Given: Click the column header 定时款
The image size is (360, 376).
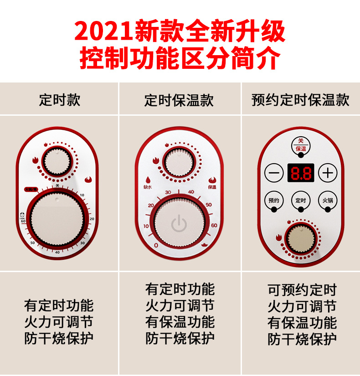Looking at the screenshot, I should pos(59,100).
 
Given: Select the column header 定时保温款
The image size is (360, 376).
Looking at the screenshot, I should pos(179,100).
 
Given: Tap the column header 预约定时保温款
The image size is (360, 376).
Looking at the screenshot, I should pos(300,100).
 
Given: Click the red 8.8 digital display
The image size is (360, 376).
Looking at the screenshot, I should pos(300,173).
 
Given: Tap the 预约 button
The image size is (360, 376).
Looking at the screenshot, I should pos(274,201).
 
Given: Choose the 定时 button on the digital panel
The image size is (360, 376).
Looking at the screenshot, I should pos(300,201).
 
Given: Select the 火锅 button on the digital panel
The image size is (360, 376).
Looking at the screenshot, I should pos(327,201).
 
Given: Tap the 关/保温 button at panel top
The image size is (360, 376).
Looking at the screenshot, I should pos(300,145).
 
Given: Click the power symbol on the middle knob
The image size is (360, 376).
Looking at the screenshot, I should pos(179,224).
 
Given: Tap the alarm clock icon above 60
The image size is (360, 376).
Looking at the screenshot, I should pos(22,215).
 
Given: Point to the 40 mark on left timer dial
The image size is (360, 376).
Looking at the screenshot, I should pos(57,252).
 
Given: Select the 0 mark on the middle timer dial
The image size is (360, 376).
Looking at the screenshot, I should pos(156,245).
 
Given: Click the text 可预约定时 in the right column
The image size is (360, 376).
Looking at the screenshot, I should pos(302,289).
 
